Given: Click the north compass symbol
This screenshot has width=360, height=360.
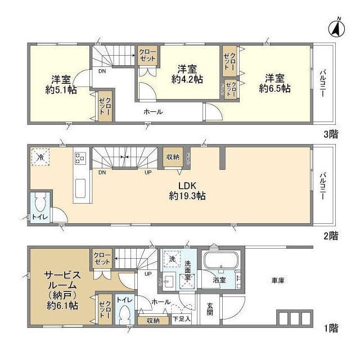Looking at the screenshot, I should pyautogui.click(x=336, y=28).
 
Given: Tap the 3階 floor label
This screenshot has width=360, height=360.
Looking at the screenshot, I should pyautogui.click(x=330, y=134).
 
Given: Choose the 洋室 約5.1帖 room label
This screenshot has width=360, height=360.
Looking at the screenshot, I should pyautogui.click(x=61, y=83).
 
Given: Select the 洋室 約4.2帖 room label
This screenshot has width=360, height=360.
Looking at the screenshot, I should pyautogui.click(x=187, y=74).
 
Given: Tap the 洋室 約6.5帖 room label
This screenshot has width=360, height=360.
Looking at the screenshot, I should pyautogui.click(x=274, y=83).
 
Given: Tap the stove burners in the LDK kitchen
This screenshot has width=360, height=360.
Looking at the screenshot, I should pyautogui.click(x=79, y=158).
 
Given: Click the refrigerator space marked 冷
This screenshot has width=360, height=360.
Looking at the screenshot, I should pyautogui.click(x=40, y=157).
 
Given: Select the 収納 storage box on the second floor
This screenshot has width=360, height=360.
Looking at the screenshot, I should pyautogui.click(x=172, y=157).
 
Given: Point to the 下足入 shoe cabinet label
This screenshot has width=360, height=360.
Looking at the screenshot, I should pyautogui.click(x=182, y=319).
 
